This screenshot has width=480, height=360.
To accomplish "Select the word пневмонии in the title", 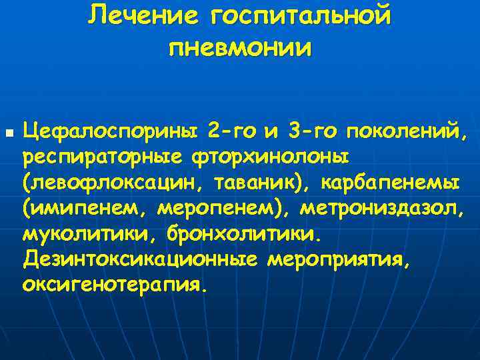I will coord(239,49).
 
